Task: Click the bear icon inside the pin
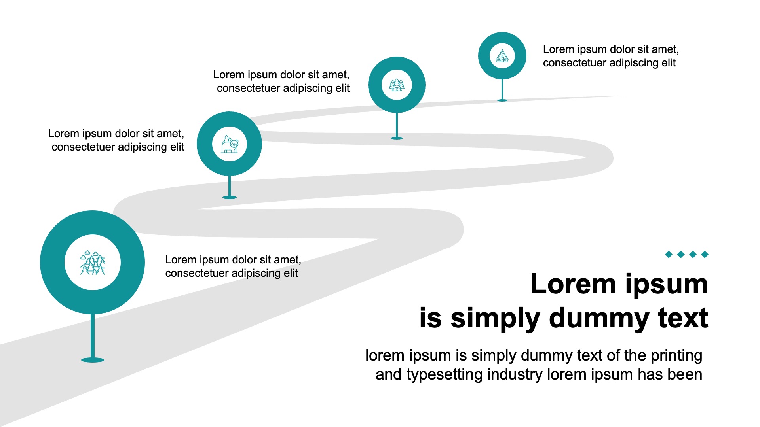(230, 144)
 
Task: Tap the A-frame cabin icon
(502, 56)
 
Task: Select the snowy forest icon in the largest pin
(93, 263)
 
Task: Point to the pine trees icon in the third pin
(397, 85)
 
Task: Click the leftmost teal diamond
(669, 254)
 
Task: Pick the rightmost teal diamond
(705, 254)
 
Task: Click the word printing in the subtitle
(676, 355)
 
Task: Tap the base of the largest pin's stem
(93, 360)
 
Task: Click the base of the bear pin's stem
(230, 197)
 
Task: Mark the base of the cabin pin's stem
(502, 100)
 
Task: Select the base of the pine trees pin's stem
(397, 138)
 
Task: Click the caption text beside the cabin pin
(611, 56)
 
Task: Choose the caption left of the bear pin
(116, 140)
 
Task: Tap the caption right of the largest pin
(233, 266)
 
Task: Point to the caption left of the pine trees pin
(281, 81)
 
